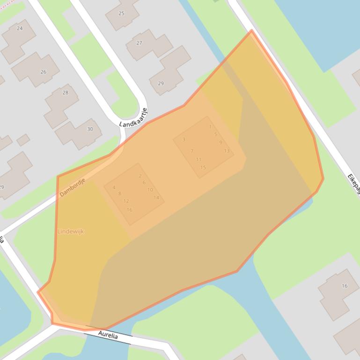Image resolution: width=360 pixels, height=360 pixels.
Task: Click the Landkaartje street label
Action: click(133, 118)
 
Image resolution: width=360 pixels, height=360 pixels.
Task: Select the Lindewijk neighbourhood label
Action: click(71, 231)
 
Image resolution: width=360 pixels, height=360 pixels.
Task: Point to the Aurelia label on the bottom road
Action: click(108, 335)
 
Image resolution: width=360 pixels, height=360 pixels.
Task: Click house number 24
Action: click(20, 29)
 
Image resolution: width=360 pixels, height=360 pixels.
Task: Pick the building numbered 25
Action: click(121, 14)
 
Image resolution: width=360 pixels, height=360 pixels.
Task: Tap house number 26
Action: click(43, 72)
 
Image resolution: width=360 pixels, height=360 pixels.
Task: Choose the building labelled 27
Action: click(139, 43)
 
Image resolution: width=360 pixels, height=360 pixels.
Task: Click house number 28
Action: click(65, 93)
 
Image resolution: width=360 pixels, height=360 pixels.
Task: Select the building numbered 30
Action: click(90, 129)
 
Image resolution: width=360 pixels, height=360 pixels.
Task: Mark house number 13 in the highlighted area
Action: click(227, 151)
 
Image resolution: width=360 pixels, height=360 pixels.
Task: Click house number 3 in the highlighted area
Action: click(184, 140)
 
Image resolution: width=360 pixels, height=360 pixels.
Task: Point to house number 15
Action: click(203, 167)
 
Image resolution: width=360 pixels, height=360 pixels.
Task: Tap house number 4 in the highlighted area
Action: click(114, 188)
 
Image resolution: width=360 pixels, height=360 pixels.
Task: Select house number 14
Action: click(156, 198)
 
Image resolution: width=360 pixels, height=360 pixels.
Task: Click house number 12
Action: click(126, 202)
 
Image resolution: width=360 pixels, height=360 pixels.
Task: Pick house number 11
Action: click(198, 160)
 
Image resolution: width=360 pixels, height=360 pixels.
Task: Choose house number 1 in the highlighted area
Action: click(210, 127)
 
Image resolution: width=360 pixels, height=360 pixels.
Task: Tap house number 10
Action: click(150, 190)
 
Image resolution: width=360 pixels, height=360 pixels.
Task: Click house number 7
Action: click(192, 151)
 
